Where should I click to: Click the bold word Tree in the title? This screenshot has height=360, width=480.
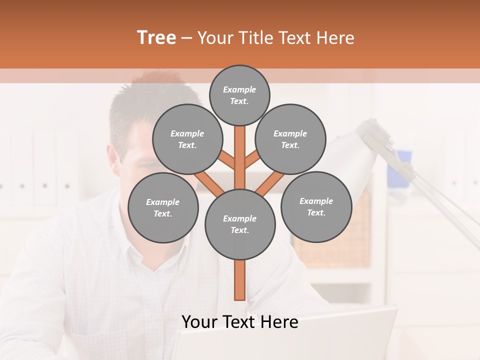pyautogui.click(x=156, y=38)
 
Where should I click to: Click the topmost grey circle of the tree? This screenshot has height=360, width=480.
pyautogui.click(x=239, y=95)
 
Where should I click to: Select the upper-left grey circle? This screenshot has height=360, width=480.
pyautogui.click(x=187, y=139)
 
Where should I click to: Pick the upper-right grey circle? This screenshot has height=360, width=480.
pyautogui.click(x=290, y=139)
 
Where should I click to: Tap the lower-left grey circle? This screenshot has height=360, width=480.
pyautogui.click(x=163, y=207)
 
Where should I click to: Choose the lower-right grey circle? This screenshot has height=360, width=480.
pyautogui.click(x=316, y=206)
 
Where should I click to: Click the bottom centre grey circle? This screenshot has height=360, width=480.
pyautogui.click(x=240, y=224)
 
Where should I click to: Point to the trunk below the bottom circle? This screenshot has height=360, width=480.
pyautogui.click(x=239, y=280)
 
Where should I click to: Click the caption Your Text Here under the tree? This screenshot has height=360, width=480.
pyautogui.click(x=240, y=322)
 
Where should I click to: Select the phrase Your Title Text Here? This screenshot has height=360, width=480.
pyautogui.click(x=276, y=38)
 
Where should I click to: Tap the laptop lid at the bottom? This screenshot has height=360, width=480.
pyautogui.click(x=285, y=340)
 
